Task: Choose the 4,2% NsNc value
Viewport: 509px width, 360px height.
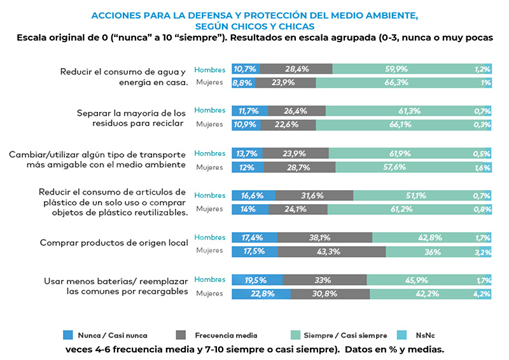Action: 482,293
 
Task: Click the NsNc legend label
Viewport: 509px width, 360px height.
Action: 428,334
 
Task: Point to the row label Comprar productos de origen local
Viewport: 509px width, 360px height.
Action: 114,242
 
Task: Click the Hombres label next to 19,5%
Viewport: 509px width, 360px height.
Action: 209,279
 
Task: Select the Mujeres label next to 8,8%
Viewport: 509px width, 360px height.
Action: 209,82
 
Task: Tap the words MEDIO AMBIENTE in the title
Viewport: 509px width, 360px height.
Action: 380,14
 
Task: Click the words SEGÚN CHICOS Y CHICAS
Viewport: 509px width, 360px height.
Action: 254,26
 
